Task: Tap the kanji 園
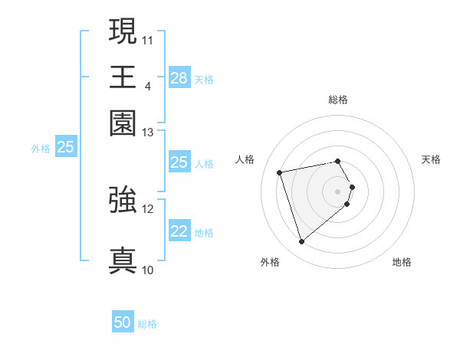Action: (123, 122)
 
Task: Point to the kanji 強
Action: (123, 200)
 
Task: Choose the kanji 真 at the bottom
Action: (123, 260)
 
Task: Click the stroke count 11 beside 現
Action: (148, 39)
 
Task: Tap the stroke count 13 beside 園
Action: (148, 132)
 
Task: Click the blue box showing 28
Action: (179, 77)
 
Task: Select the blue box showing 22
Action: (179, 231)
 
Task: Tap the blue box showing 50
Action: (123, 323)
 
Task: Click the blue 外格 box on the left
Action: (65, 147)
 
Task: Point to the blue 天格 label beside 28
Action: (204, 79)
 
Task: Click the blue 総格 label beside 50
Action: (147, 324)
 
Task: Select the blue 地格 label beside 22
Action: (204, 233)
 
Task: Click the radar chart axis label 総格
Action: (337, 100)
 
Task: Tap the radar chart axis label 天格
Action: (431, 159)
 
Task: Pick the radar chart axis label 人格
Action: (245, 159)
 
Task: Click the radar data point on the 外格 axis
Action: (301, 241)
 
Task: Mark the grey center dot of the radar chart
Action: (337, 191)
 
